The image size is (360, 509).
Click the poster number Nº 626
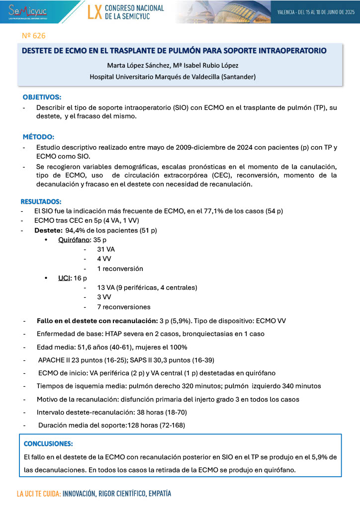tap(34, 36)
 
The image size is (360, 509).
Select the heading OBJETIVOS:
tap(42, 97)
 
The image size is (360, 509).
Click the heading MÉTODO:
tap(38, 137)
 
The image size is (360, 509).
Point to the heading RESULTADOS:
tap(41, 201)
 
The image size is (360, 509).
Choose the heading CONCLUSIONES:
tap(48, 443)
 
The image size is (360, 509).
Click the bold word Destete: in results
tap(48, 230)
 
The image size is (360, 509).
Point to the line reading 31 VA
tap(106, 249)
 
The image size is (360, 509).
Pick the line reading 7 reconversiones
tap(123, 307)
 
